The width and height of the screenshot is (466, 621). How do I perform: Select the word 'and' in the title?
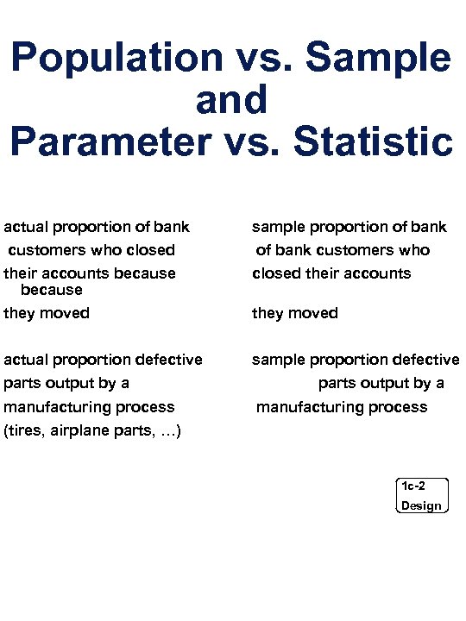[232, 101]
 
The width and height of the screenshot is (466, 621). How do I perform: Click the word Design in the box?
[421, 505]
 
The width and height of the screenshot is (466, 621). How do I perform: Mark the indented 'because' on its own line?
[52, 290]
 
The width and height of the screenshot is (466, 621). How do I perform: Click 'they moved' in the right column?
[294, 313]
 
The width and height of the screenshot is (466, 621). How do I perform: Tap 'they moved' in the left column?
[47, 313]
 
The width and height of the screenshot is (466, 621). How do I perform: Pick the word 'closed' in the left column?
[153, 250]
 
